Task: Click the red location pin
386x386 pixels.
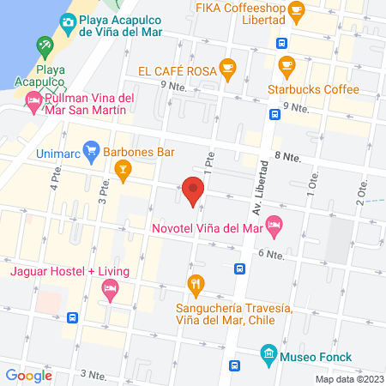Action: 193,190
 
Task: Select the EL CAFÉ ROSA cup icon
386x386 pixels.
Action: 226,68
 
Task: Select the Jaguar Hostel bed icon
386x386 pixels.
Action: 111,291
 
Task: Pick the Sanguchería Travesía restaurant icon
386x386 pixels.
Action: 196,283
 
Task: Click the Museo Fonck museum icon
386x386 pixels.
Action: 268,353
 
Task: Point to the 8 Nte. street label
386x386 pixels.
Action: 288,157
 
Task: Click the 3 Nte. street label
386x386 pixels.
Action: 92,374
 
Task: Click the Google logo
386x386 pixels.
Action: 28,375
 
